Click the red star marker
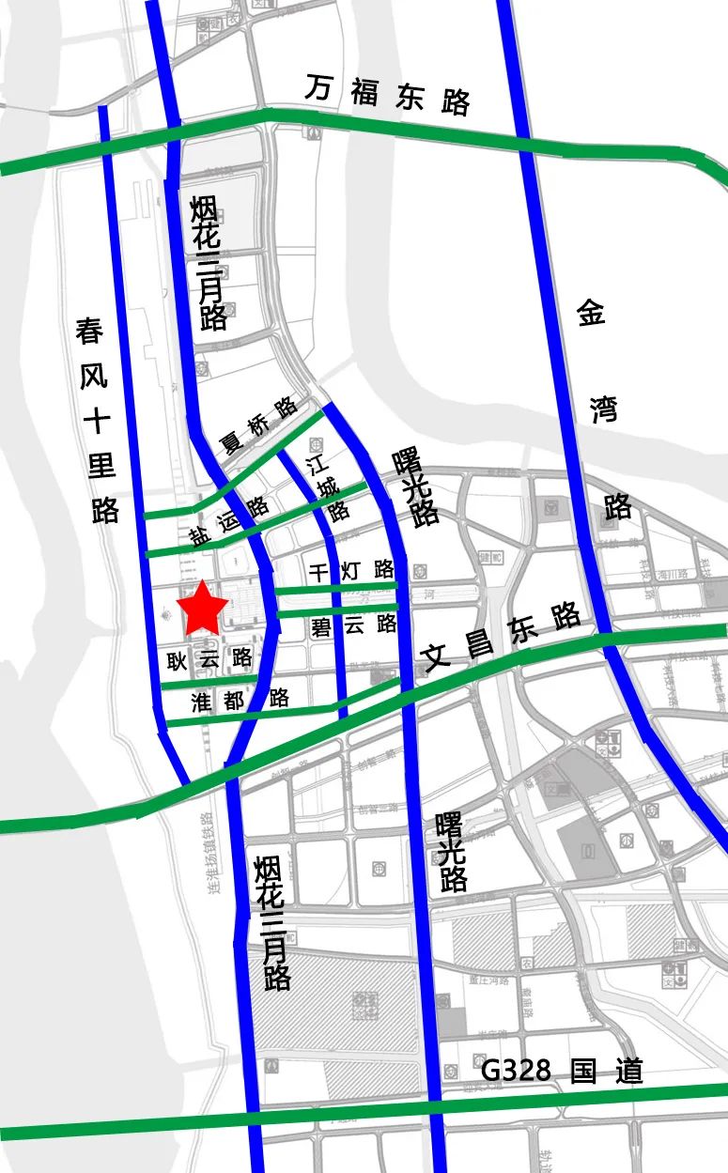pos(203,609)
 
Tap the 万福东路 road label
pos(387,95)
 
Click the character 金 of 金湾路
pos(592,313)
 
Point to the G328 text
pos(516,1071)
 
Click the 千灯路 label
pos(351,569)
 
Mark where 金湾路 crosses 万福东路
pos(522,144)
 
